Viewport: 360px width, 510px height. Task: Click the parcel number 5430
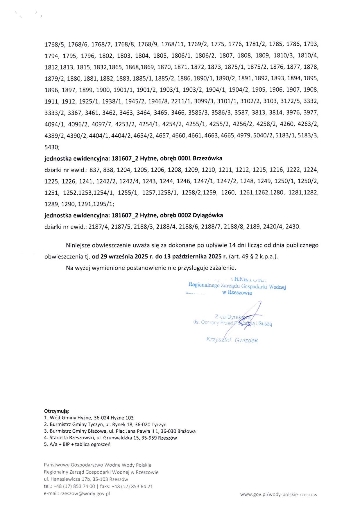pyautogui.click(x=51, y=147)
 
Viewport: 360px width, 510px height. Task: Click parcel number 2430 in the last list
pyautogui.click(x=293, y=227)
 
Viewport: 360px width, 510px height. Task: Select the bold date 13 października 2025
pyautogui.click(x=196, y=257)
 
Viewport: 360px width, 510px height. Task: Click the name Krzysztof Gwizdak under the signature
pyautogui.click(x=232, y=340)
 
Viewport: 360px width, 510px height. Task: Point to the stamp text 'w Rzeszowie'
pyautogui.click(x=237, y=293)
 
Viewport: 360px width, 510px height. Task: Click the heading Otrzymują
pyautogui.click(x=57, y=411)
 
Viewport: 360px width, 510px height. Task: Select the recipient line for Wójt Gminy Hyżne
pyautogui.click(x=89, y=418)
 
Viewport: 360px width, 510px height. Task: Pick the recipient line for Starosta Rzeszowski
pyautogui.click(x=110, y=438)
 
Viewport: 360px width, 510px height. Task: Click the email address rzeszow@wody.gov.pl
pyautogui.click(x=85, y=493)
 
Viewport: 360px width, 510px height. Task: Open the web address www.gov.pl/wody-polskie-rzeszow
pyautogui.click(x=279, y=494)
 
